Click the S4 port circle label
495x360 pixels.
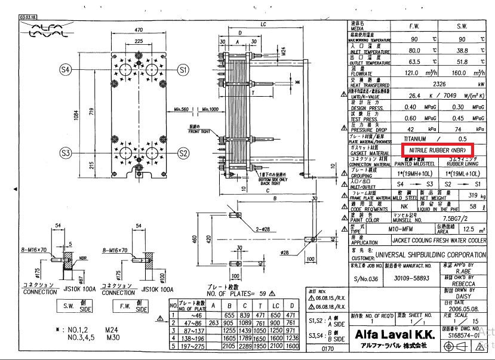click(x=66, y=70)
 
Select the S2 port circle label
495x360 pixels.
click(x=183, y=153)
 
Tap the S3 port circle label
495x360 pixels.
click(x=66, y=153)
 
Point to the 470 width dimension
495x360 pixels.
click(x=139, y=29)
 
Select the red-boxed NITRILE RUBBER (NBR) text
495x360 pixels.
click(x=438, y=149)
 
